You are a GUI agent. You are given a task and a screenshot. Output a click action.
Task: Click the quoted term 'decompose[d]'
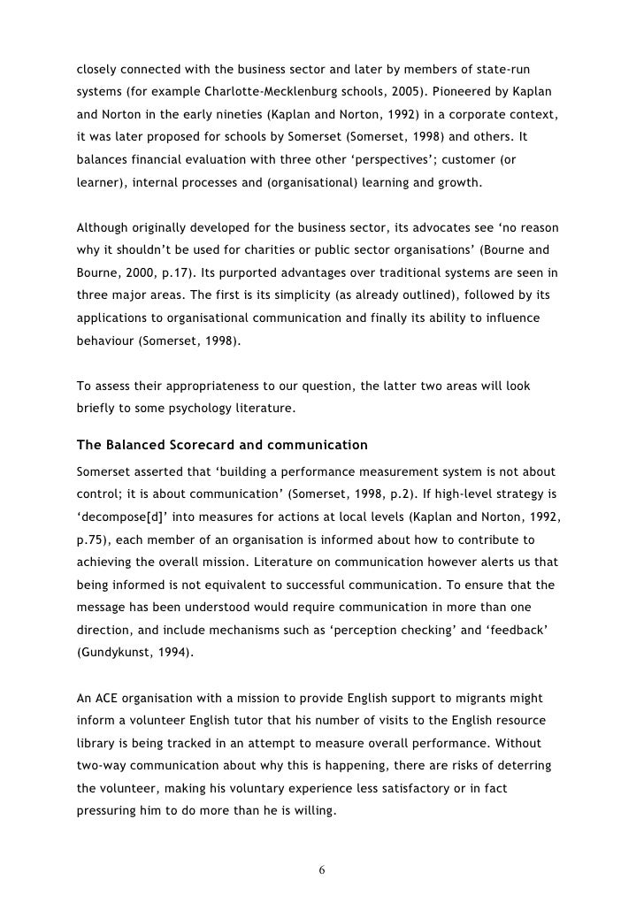(115, 514)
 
